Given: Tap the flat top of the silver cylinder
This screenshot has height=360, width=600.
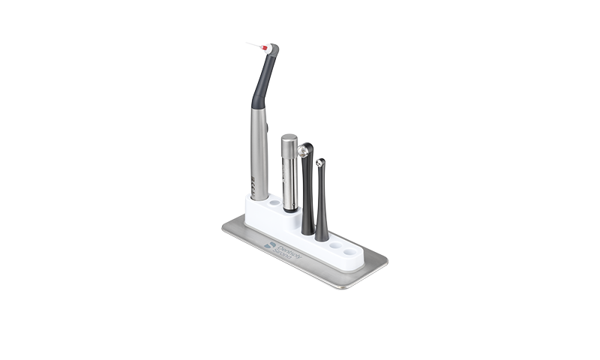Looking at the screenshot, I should [289, 138].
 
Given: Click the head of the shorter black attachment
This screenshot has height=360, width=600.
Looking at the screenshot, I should [320, 163].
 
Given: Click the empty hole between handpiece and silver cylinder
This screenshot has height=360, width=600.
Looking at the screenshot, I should [274, 203].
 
